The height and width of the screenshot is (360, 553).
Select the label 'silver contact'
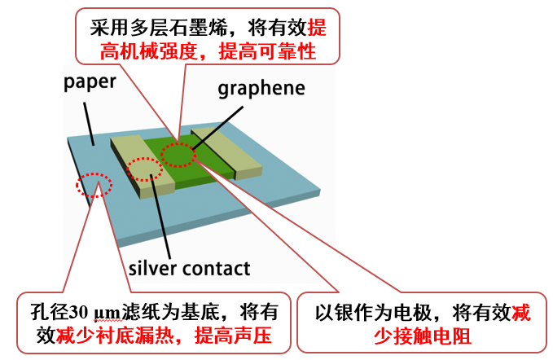[x=189, y=268]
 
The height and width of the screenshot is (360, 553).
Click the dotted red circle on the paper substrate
[x=94, y=185]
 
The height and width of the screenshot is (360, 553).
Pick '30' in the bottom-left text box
[x=80, y=312]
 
